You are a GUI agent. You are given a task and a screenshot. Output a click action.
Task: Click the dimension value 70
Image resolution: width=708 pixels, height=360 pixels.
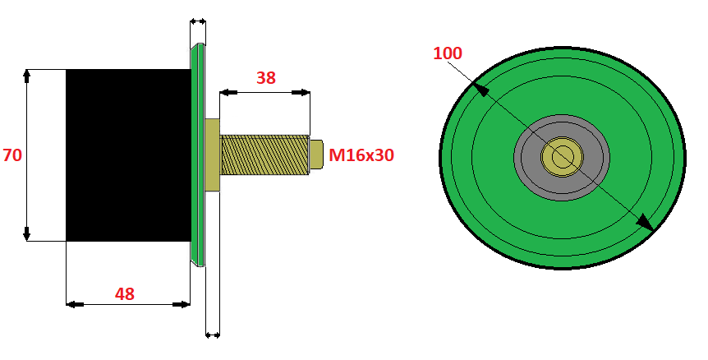[x=12, y=155]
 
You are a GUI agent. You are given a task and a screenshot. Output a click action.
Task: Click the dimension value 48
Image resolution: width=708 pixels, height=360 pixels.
[x=125, y=294]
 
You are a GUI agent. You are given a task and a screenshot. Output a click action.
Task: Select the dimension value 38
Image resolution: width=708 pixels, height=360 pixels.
[x=265, y=78]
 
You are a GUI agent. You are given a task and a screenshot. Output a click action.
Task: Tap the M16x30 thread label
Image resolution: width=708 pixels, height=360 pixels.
[x=361, y=155]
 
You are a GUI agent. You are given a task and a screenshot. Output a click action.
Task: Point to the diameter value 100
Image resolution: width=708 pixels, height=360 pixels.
[x=448, y=53]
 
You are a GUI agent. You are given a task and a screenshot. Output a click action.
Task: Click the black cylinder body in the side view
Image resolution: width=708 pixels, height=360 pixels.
[x=128, y=155]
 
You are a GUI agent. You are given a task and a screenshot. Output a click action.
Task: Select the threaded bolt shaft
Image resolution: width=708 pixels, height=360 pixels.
[x=265, y=155]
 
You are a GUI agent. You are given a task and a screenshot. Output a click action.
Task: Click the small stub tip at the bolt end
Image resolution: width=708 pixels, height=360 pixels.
[x=316, y=155]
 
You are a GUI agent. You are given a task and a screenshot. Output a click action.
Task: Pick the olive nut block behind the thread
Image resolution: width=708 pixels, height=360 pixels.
[x=213, y=155]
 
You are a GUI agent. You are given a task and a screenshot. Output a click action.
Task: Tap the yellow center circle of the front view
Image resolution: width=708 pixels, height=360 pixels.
[x=562, y=156]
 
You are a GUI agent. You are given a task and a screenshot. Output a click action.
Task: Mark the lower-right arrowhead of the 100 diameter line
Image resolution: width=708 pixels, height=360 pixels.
[x=646, y=223]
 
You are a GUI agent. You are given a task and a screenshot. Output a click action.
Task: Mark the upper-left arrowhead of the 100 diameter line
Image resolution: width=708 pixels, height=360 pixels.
[x=480, y=89]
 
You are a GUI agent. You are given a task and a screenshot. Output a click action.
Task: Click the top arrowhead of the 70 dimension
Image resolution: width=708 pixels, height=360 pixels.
[x=26, y=76]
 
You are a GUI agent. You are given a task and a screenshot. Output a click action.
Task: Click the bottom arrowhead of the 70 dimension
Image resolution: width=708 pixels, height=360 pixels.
[x=26, y=233]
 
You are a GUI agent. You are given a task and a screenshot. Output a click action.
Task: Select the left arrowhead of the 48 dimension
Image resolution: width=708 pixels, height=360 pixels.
[x=75, y=304]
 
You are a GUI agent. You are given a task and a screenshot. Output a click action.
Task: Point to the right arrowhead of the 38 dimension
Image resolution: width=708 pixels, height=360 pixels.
[x=301, y=92]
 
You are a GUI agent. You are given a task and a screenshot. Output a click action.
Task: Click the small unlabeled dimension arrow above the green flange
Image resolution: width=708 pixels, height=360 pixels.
[x=198, y=21]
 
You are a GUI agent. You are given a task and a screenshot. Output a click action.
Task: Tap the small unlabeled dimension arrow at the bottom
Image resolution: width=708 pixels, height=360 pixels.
[x=213, y=335]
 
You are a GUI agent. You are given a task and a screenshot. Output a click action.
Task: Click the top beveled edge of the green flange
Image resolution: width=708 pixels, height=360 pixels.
[x=198, y=46]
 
